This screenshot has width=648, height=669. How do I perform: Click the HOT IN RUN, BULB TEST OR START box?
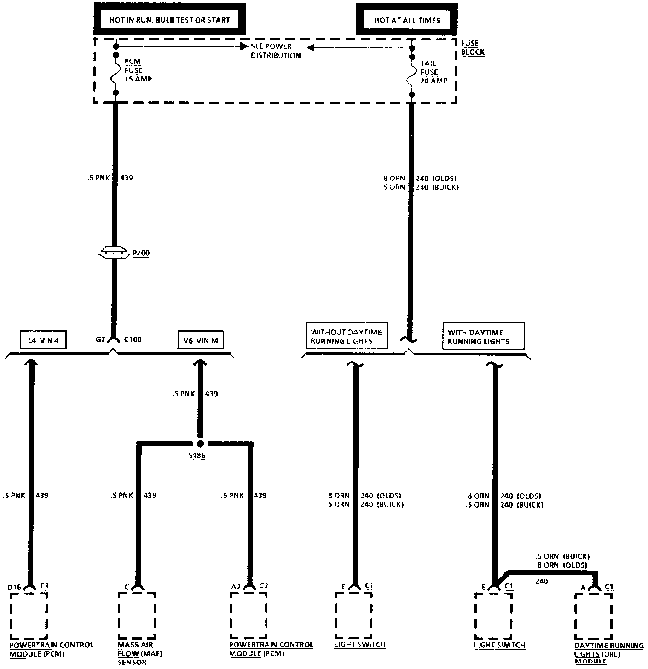click(x=169, y=20)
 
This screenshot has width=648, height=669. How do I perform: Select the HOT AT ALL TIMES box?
click(x=406, y=20)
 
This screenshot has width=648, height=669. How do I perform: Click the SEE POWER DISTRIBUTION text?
click(x=275, y=51)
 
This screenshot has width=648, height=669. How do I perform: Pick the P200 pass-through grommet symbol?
click(x=116, y=252)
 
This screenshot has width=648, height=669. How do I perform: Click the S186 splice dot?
click(x=200, y=444)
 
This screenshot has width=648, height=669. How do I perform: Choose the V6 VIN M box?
click(x=201, y=340)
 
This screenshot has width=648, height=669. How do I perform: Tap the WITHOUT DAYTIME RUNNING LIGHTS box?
click(x=346, y=336)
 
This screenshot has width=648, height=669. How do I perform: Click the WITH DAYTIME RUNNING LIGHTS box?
click(x=483, y=336)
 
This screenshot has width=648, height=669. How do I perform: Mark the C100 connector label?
click(x=133, y=340)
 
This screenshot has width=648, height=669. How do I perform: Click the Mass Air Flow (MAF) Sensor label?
click(x=134, y=653)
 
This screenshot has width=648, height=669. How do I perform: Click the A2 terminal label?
click(x=236, y=587)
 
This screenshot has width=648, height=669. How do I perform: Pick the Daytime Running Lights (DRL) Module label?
click(x=608, y=653)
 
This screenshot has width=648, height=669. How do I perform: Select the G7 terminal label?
click(x=101, y=340)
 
